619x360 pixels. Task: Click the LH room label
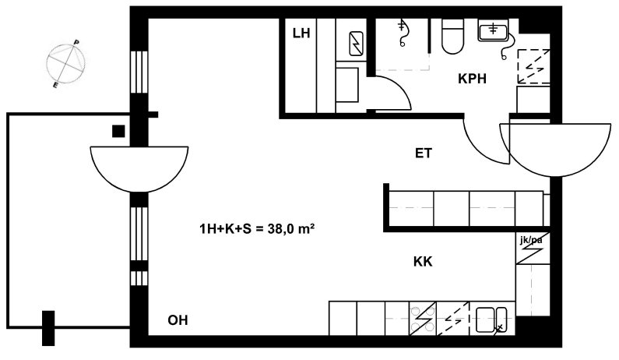pyautogui.click(x=301, y=34)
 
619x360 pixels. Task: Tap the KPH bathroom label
pyautogui.click(x=472, y=79)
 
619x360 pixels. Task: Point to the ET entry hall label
pyautogui.click(x=424, y=153)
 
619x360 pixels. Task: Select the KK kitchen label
pyautogui.click(x=423, y=262)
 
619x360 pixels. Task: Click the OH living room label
pyautogui.click(x=178, y=320)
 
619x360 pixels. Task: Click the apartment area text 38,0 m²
pyautogui.click(x=291, y=229)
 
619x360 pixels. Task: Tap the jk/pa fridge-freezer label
pyautogui.click(x=531, y=239)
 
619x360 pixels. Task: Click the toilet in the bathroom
pyautogui.click(x=452, y=37)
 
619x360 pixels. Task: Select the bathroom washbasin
pyautogui.click(x=493, y=30)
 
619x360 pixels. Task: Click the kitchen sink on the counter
pyautogui.click(x=491, y=319)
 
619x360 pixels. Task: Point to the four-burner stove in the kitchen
pyautogui.click(x=423, y=319)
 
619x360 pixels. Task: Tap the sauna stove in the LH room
pyautogui.click(x=356, y=44)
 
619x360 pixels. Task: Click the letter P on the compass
pyautogui.click(x=76, y=42)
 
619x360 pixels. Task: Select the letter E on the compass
pyautogui.click(x=55, y=85)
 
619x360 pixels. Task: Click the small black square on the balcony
pyautogui.click(x=118, y=131)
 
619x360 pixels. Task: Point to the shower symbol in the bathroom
pyautogui.click(x=403, y=34)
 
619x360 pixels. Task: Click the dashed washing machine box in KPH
pyautogui.click(x=533, y=66)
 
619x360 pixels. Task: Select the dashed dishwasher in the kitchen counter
pyautogui.click(x=453, y=319)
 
